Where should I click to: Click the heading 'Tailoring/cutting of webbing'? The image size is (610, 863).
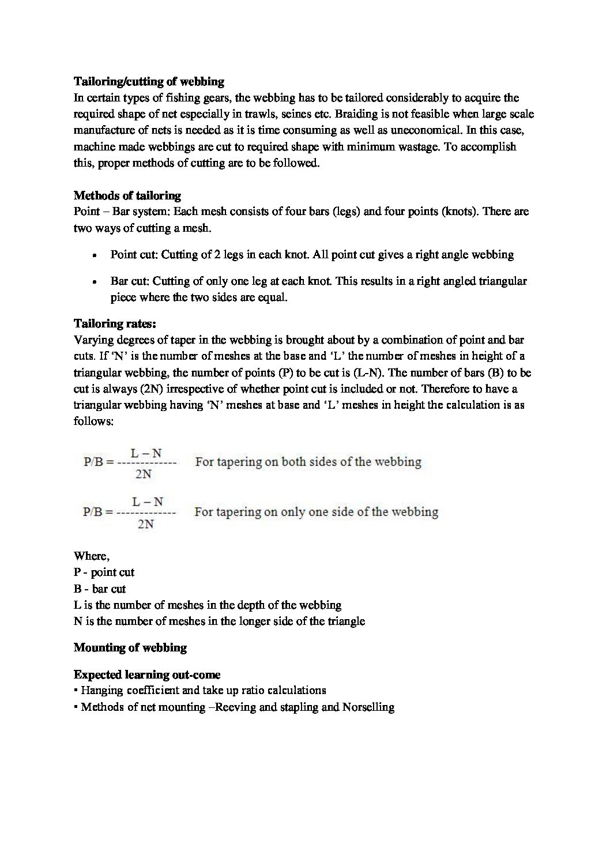(149, 81)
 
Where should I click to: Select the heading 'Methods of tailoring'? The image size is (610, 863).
(127, 195)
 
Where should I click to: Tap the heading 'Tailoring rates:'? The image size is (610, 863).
(115, 323)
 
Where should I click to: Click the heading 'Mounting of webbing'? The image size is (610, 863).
(130, 647)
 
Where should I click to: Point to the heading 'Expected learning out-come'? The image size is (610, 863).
(147, 674)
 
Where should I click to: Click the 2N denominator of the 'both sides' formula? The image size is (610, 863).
(144, 474)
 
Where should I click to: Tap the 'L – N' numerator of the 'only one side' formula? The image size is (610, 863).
(148, 502)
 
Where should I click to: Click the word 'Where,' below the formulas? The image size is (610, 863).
(91, 556)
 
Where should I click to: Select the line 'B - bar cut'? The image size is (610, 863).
(100, 589)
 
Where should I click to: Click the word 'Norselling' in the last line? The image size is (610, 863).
(368, 707)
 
